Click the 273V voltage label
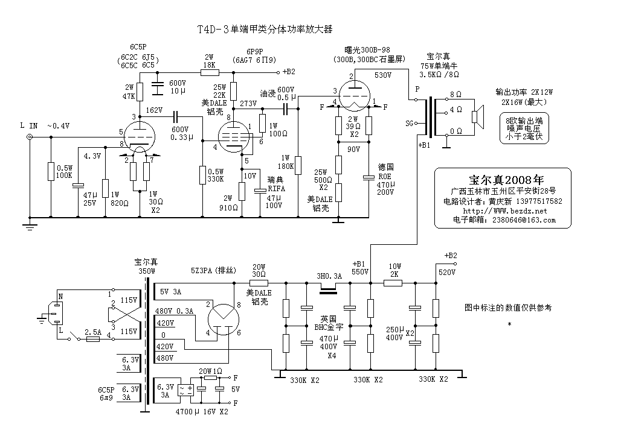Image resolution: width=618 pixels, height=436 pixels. click(249, 103)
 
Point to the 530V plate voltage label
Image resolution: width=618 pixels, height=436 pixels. click(383, 75)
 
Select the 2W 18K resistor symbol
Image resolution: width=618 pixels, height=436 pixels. click(208, 72)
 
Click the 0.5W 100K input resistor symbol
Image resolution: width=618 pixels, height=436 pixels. click(50, 171)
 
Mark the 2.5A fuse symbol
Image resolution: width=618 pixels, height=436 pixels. click(92, 340)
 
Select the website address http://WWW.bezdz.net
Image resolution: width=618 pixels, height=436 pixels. click(503, 210)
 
